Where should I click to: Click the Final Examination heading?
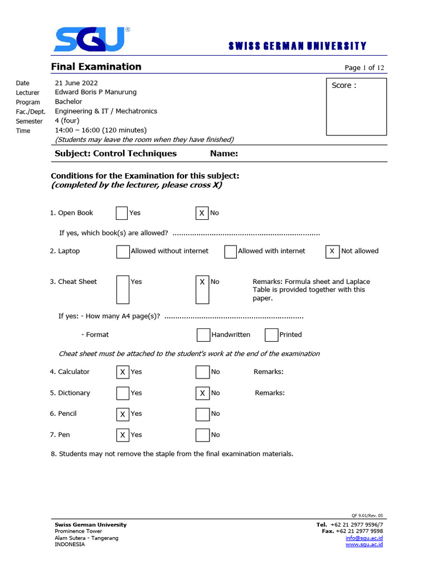(96, 67)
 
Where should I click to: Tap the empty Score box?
(356, 107)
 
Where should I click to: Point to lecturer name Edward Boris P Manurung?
(95, 92)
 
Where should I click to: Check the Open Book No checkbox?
(202, 213)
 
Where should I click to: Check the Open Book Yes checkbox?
(122, 213)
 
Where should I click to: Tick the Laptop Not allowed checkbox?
(332, 252)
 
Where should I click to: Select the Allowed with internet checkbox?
(231, 252)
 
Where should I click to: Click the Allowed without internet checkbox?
(123, 252)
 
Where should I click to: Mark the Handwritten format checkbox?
(203, 335)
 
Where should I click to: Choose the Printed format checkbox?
(271, 335)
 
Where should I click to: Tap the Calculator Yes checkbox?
(123, 372)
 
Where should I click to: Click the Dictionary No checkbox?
(202, 393)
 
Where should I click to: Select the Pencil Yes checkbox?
(123, 414)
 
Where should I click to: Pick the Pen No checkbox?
(202, 435)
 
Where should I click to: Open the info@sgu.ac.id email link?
(364, 538)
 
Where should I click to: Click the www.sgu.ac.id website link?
(364, 544)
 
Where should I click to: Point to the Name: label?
(224, 154)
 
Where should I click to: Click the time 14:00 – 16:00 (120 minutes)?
(100, 130)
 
